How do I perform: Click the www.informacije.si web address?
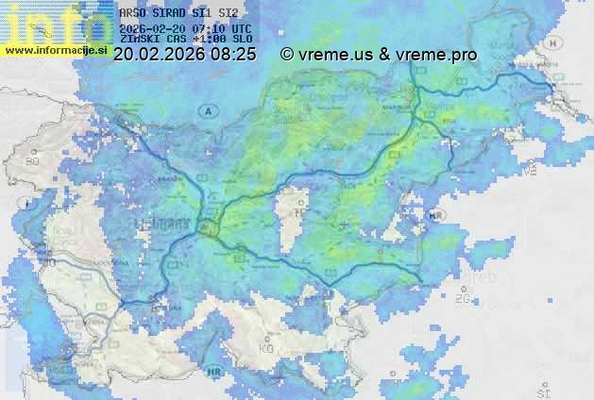57,49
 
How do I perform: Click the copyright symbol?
287,55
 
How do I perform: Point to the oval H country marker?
554,42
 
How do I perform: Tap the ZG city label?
462,298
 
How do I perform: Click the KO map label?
265,348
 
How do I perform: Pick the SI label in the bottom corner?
542,391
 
